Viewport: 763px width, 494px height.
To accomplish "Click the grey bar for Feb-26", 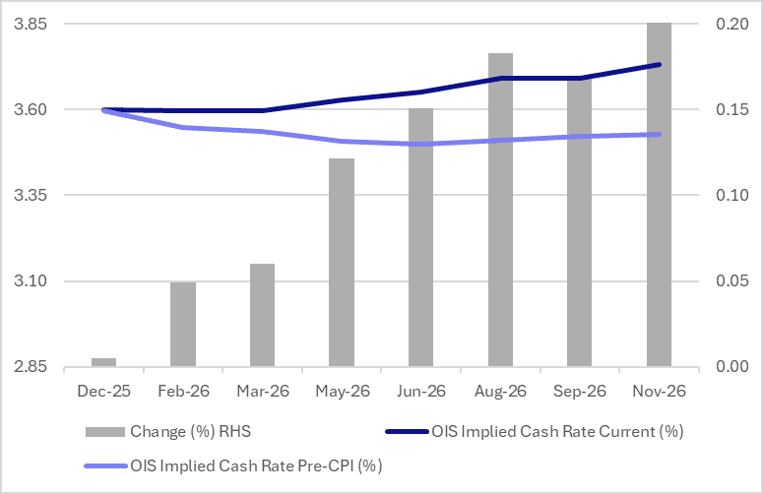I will pyautogui.click(x=183, y=325).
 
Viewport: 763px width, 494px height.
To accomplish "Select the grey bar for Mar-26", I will pyautogui.click(x=262, y=316).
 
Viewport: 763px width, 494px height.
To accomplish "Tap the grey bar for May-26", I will pyautogui.click(x=342, y=263).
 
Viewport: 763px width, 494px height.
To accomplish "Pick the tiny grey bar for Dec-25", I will pyautogui.click(x=103, y=363).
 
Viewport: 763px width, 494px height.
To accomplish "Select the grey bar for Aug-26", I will pyautogui.click(x=500, y=211).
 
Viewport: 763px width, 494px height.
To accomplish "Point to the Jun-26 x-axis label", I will pyautogui.click(x=420, y=391).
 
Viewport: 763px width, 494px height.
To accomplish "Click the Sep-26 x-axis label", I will pyautogui.click(x=579, y=391).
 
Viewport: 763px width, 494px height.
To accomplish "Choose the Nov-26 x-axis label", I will pyautogui.click(x=659, y=391).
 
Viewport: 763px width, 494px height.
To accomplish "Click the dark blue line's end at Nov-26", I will pyautogui.click(x=659, y=65).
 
